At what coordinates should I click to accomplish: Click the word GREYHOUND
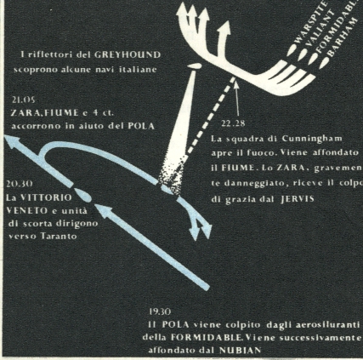click(x=127, y=54)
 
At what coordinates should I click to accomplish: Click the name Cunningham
click(x=312, y=139)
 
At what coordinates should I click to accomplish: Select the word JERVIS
click(x=298, y=199)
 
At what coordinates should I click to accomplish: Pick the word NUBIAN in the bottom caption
click(x=240, y=351)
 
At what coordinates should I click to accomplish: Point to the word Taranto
click(x=59, y=236)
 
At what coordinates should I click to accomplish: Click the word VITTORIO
click(x=47, y=197)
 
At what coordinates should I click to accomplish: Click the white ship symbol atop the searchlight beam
click(x=195, y=66)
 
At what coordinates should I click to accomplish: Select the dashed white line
click(x=210, y=117)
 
